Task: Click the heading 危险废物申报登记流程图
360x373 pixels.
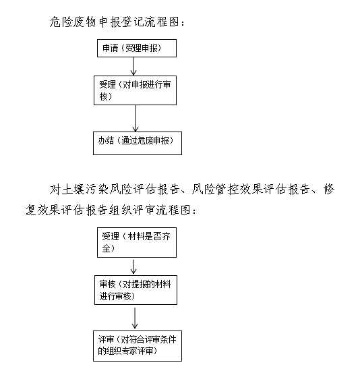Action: pos(117,22)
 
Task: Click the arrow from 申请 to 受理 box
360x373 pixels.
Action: pos(133,66)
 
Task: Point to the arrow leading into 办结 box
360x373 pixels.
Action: pos(136,119)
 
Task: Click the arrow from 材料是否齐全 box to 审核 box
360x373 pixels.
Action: pos(133,266)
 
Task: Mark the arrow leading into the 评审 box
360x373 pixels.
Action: pos(135,318)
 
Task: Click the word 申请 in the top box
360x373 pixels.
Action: pos(111,48)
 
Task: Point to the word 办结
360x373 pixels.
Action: pos(106,140)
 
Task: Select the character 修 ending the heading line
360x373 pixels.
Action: pos(329,190)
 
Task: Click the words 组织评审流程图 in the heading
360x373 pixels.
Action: pos(152,210)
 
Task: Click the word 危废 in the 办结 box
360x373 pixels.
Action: pos(145,140)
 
